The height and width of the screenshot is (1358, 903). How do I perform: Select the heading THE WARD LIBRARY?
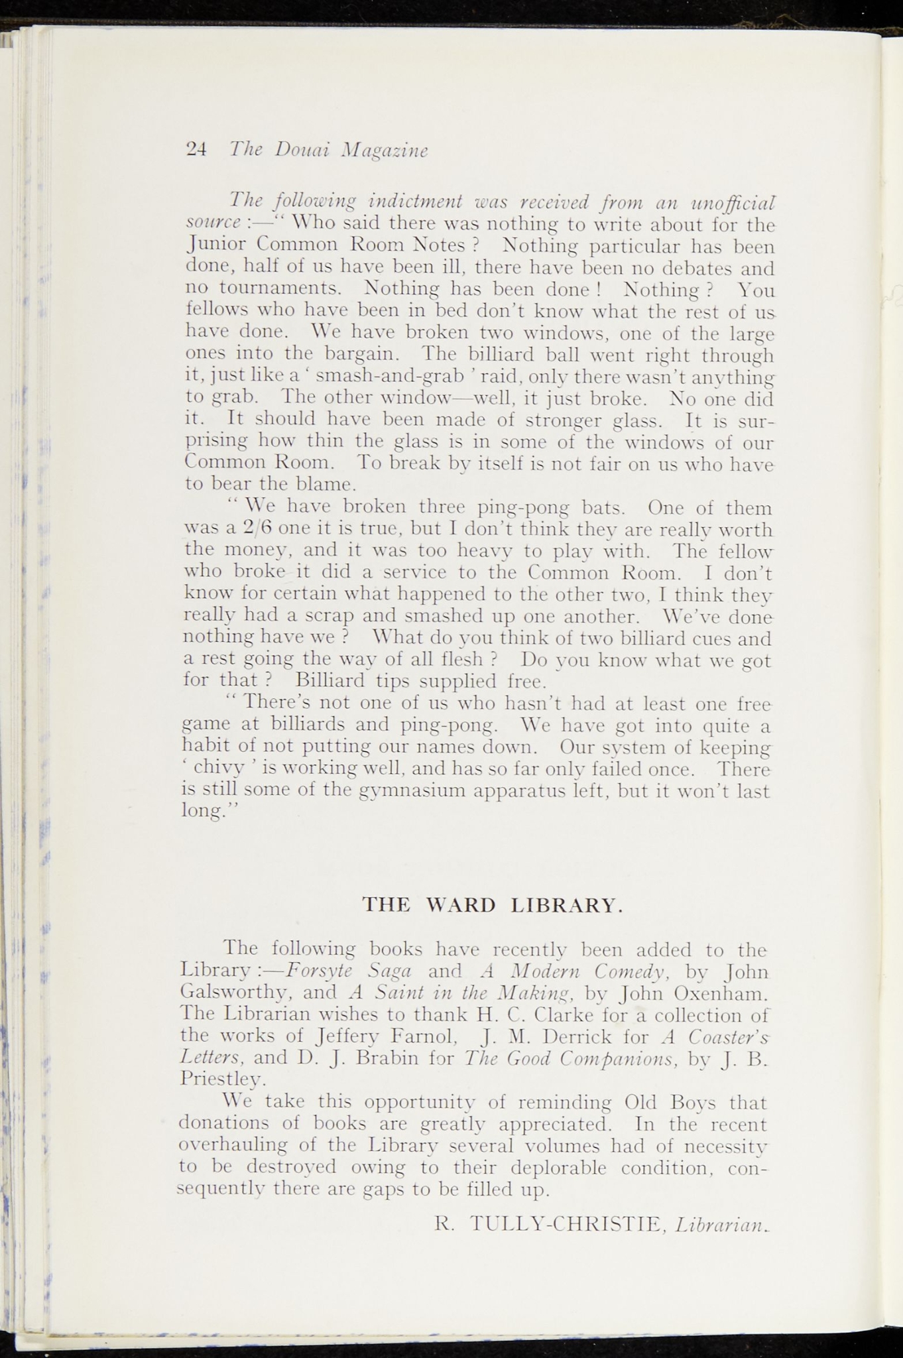pos(493,904)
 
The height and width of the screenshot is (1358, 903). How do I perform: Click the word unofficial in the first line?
pos(732,200)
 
